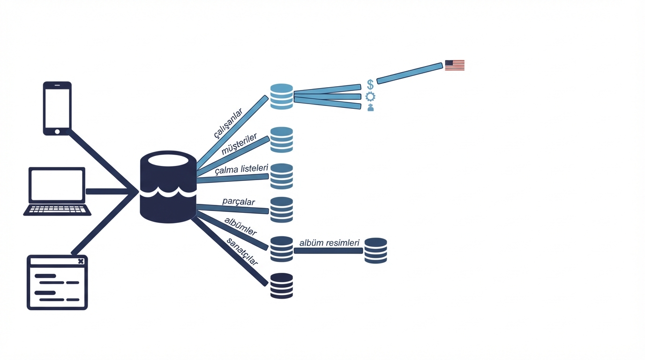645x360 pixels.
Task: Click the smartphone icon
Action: click(57, 108)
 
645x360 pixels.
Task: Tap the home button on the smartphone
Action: click(57, 132)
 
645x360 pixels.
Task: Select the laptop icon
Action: click(57, 191)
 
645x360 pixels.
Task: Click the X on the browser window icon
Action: click(81, 261)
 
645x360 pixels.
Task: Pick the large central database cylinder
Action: click(168, 187)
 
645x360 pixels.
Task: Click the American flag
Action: click(455, 65)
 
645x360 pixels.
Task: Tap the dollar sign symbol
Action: click(370, 85)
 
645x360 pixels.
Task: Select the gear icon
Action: click(370, 97)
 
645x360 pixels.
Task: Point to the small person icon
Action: click(371, 108)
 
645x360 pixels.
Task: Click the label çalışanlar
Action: click(228, 123)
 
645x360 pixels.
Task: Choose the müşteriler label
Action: click(239, 144)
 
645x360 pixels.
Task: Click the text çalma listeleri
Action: click(241, 169)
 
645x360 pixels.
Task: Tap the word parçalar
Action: click(239, 201)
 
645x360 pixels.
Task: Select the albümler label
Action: click(240, 226)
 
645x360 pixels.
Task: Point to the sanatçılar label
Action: click(242, 251)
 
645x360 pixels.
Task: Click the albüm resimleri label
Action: click(330, 243)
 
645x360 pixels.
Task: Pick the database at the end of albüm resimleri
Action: click(375, 250)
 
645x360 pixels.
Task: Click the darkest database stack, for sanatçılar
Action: click(282, 285)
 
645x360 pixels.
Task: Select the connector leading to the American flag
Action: click(410, 74)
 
